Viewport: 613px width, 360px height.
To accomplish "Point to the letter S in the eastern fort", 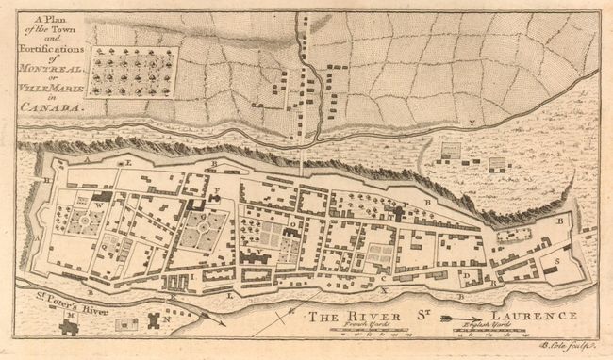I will coord(558,260).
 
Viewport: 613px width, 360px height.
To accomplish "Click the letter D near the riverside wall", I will coord(466,275).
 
